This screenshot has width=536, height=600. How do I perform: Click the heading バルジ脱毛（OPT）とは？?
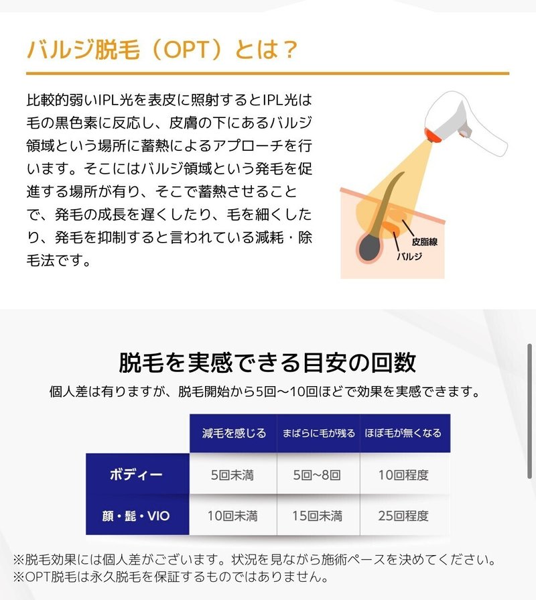click(161, 50)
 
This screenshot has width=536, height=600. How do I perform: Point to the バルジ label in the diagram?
click(409, 255)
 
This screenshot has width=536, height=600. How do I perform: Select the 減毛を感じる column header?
click(233, 433)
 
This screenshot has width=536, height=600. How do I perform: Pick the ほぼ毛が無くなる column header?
click(405, 433)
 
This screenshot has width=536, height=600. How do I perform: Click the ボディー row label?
click(137, 475)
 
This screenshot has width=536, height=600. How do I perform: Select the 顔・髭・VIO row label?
click(137, 516)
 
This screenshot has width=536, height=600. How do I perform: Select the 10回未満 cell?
click(233, 516)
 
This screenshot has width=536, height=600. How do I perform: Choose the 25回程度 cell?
click(405, 516)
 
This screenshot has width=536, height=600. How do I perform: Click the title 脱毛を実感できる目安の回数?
click(267, 362)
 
